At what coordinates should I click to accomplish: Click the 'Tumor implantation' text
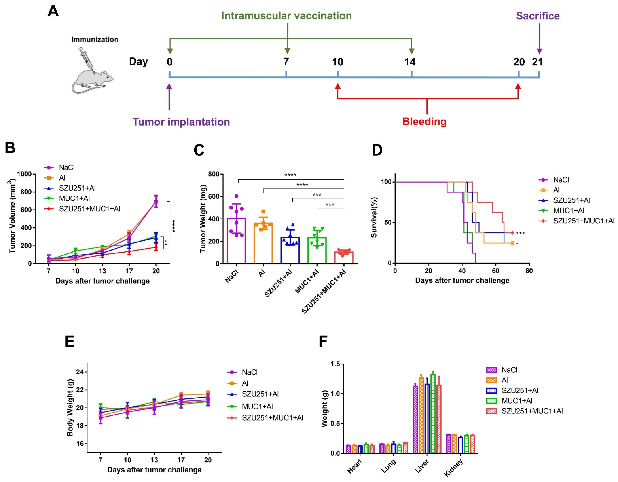click(181, 122)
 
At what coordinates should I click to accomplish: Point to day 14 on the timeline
click(410, 62)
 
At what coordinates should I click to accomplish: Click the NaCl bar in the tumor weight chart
click(236, 241)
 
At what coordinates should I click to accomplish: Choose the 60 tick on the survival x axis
click(495, 271)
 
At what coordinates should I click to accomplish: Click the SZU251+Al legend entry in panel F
click(520, 391)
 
